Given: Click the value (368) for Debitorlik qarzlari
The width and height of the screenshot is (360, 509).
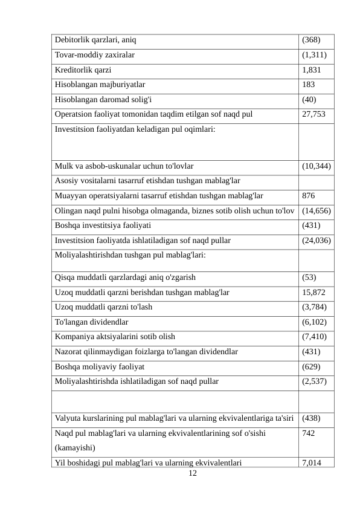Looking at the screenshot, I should (x=311, y=41).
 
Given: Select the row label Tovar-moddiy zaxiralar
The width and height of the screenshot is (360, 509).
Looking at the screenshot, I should (x=95, y=55).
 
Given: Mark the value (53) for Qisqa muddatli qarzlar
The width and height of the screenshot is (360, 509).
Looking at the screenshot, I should (x=309, y=277).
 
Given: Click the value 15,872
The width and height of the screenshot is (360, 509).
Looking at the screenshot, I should (x=313, y=292).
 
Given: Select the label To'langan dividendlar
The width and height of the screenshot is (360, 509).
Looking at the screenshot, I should (x=91, y=322).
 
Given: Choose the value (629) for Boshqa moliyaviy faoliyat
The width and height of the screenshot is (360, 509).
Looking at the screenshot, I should (x=311, y=366).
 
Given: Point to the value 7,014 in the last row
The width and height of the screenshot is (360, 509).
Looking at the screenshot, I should (x=313, y=463).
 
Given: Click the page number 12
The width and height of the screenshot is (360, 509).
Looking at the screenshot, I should (x=193, y=473).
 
